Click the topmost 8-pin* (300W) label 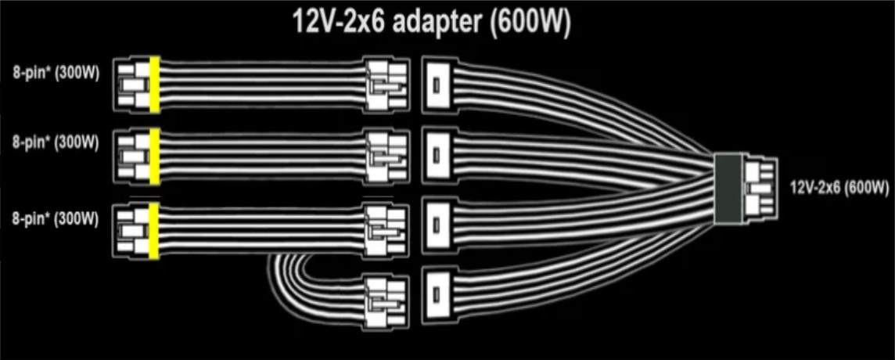point(56,73)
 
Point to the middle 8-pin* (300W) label point(56,142)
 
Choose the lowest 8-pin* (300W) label point(56,219)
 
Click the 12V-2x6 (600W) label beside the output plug point(839,187)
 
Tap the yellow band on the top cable point(154,85)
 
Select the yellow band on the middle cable point(154,157)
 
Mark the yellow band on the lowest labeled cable point(154,231)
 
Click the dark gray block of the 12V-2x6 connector point(729,189)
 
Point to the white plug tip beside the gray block point(760,189)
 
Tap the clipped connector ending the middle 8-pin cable point(387,157)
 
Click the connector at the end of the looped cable point(387,302)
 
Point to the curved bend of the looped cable point(280,280)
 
